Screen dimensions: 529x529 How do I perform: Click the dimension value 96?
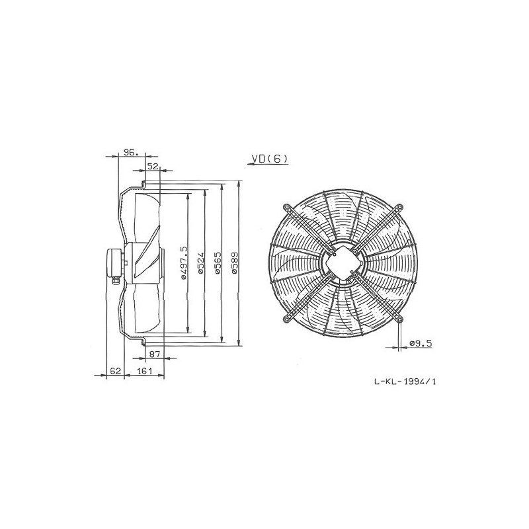tap(129, 153)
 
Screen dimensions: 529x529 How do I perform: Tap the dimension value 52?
tap(153, 167)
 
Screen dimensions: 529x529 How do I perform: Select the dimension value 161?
tap(143, 372)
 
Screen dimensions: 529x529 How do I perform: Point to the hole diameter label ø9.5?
tap(421, 343)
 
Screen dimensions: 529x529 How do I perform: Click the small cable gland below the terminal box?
tap(117, 280)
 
